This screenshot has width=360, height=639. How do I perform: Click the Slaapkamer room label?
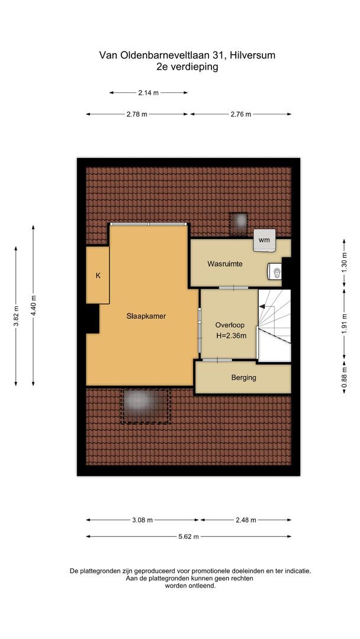[146, 316]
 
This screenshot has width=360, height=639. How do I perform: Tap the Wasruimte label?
[224, 263]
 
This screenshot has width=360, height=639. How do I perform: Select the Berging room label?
[243, 377]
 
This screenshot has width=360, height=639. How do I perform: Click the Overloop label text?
[230, 325]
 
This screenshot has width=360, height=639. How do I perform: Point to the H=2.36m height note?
[230, 336]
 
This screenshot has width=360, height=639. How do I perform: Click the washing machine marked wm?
[264, 240]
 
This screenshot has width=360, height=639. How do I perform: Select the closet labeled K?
[98, 275]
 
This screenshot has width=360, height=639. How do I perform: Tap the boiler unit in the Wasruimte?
[275, 272]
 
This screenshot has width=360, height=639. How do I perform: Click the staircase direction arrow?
[265, 307]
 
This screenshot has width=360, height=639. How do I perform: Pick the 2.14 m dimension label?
[148, 93]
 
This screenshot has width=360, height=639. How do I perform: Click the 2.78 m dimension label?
[137, 114]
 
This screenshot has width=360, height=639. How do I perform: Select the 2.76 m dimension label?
[240, 114]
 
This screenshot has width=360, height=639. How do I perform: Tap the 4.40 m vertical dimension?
[33, 305]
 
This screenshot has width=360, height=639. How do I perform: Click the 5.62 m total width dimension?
[188, 537]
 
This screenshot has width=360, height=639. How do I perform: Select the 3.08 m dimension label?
[143, 520]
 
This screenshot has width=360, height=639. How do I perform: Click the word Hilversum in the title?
[253, 55]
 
